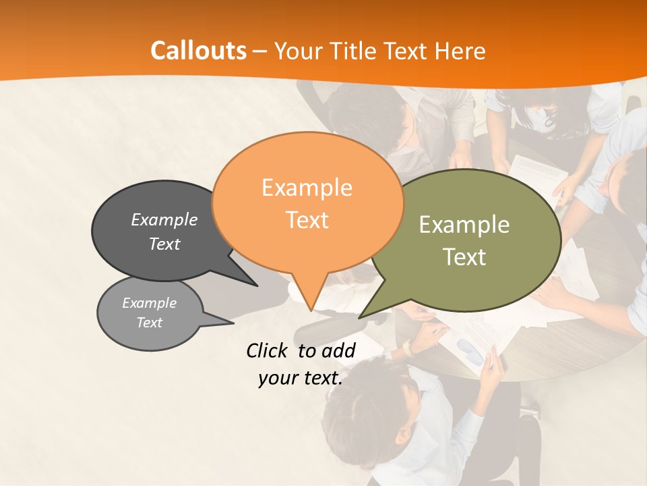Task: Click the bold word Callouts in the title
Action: pos(198,51)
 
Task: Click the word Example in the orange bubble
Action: pos(307,188)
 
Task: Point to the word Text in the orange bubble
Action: pos(307,220)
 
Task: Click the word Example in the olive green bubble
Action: pos(464,225)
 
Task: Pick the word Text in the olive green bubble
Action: pos(464,257)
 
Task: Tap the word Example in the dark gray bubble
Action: pos(164,219)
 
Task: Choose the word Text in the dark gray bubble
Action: pos(164,244)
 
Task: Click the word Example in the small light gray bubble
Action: pos(150,303)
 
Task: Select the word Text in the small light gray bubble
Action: pos(150,323)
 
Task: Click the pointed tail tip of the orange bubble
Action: pos(311,310)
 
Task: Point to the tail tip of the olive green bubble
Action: pos(359,317)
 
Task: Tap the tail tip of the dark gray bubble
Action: pos(257,286)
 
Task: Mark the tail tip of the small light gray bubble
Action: pos(233,323)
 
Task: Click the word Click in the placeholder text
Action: pos(268,350)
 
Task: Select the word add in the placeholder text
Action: pos(339,350)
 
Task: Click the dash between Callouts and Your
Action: pos(261,51)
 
